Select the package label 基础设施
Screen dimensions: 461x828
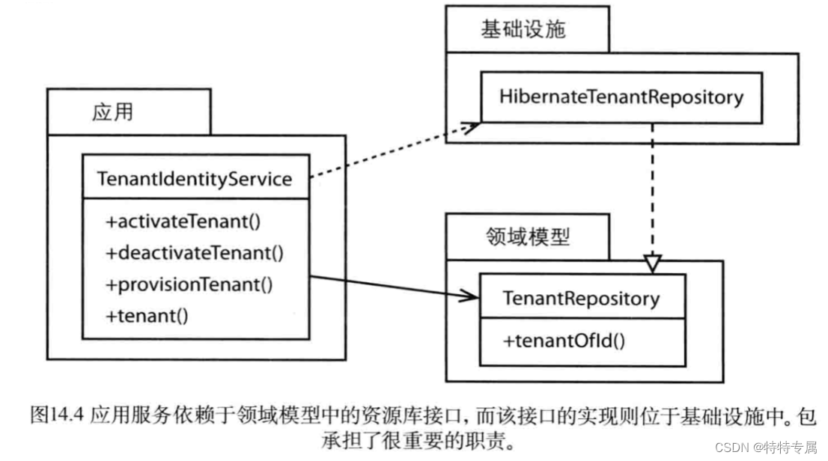tap(523, 29)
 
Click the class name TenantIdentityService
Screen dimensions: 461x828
tap(195, 179)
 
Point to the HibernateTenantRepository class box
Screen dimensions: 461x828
tap(621, 97)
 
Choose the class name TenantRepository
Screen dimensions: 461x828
tap(581, 299)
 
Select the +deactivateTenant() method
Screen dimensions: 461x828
tap(195, 253)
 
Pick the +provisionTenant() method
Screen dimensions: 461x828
tap(189, 284)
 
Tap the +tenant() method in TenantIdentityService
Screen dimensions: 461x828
tap(147, 315)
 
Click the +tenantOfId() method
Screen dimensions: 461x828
tap(564, 341)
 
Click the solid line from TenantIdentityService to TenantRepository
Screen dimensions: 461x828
tap(389, 287)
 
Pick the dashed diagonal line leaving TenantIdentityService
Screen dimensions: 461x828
tap(389, 153)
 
